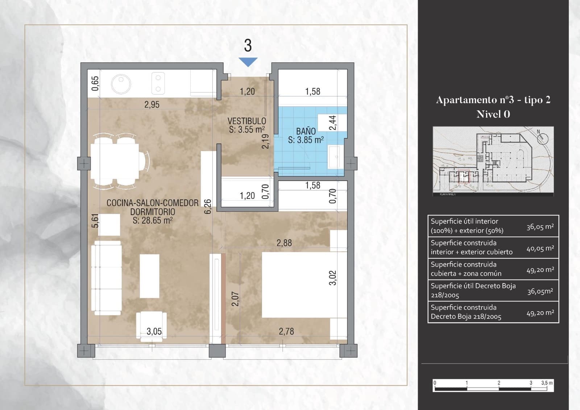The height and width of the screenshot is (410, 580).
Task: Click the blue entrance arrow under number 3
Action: (248, 62)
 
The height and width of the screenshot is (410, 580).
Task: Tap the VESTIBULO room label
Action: (246, 121)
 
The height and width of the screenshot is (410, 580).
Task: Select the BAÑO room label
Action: (306, 131)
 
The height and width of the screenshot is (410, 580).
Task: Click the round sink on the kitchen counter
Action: (121, 84)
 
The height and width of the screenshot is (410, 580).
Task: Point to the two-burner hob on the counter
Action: (158, 83)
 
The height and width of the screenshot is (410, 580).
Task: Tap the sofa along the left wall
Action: (106, 278)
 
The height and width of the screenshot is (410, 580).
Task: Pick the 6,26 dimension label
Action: (208, 206)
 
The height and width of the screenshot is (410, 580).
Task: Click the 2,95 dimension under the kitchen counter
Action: (152, 104)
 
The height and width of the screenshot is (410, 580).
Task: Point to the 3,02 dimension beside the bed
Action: (332, 278)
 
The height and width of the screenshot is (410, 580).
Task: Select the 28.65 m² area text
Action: (152, 220)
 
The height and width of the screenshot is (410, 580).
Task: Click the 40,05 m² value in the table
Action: (540, 249)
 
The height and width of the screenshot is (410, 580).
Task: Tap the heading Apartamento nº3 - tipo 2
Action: (493, 100)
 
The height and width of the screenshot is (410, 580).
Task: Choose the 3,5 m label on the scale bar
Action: (547, 383)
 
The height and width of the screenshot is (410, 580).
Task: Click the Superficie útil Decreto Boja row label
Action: (473, 290)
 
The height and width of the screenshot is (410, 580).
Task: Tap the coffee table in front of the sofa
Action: (149, 276)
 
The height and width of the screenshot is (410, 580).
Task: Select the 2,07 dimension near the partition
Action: (235, 299)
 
